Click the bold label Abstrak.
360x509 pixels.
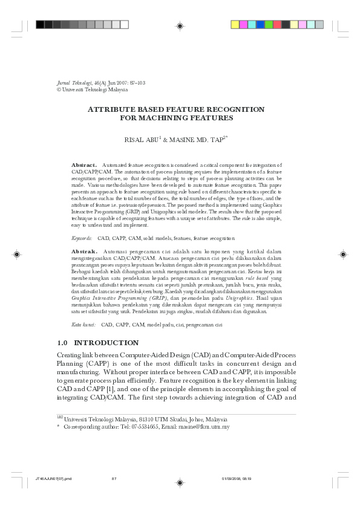point(84,250)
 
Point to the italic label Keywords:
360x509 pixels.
point(82,239)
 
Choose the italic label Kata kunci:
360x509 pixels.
point(84,325)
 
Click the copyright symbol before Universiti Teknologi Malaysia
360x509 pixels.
point(59,89)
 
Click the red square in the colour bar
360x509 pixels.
point(276,25)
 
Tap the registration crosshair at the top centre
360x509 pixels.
point(180,25)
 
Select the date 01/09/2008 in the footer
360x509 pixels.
point(232,479)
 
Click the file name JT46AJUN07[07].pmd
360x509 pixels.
point(53,479)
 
